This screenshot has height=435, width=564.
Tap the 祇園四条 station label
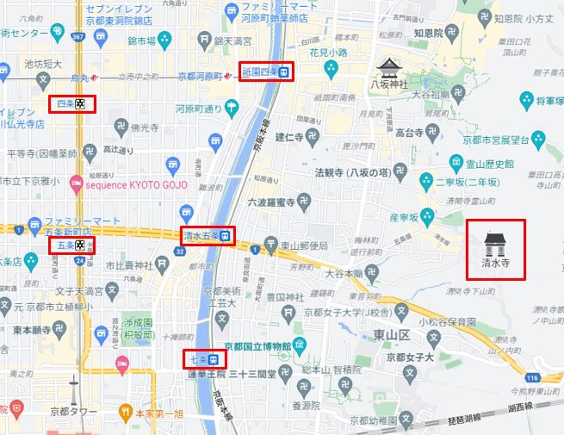265,71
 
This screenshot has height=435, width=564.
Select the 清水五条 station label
207,235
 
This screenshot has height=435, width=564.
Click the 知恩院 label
427,32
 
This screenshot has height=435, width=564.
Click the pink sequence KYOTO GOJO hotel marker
77,183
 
